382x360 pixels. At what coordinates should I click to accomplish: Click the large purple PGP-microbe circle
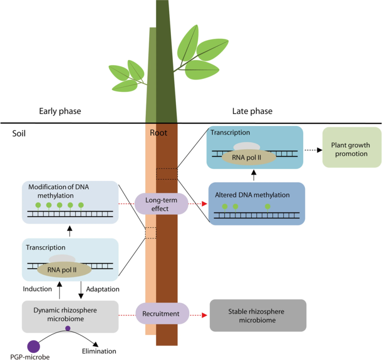pos(34,346)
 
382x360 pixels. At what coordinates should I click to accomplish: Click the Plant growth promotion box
pos(349,149)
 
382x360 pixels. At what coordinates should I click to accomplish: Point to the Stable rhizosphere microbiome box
pos(258,316)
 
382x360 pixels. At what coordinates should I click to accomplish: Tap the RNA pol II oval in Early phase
pos(64,270)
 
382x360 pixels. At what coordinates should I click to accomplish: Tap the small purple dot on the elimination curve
pos(68,328)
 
